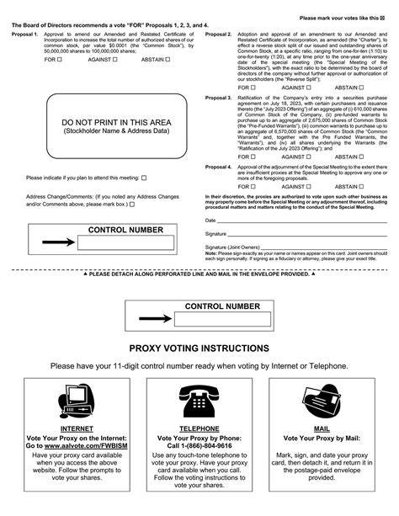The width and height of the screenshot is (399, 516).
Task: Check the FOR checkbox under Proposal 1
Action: pyautogui.click(x=60, y=84)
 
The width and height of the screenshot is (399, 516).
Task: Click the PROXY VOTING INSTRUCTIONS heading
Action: pyautogui.click(x=199, y=348)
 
